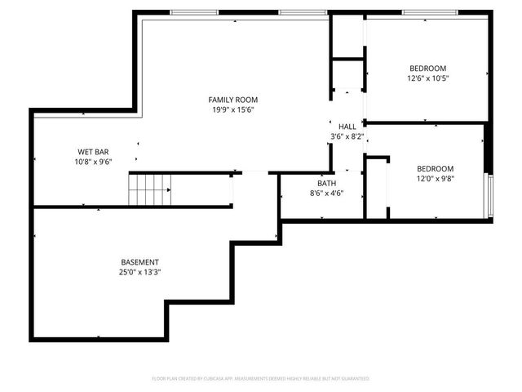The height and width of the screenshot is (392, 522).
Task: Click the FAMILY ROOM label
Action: tap(233, 99)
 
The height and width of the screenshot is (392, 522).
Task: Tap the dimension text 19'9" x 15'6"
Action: tap(233, 109)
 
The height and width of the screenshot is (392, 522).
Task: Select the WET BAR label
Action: tap(94, 151)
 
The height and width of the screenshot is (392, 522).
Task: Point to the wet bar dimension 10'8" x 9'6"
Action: tap(94, 162)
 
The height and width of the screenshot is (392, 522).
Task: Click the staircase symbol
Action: tap(150, 189)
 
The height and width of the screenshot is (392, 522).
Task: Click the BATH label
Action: tap(327, 183)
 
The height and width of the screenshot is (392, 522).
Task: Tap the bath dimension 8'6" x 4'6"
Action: tap(327, 194)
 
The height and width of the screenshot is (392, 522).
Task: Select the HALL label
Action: tap(347, 127)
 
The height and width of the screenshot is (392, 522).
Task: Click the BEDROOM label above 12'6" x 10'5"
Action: tap(428, 68)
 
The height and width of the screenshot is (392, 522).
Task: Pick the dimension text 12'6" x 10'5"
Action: tap(428, 78)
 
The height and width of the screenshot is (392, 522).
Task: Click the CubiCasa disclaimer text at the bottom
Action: tap(261, 379)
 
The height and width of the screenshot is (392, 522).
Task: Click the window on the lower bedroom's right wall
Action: tap(490, 197)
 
